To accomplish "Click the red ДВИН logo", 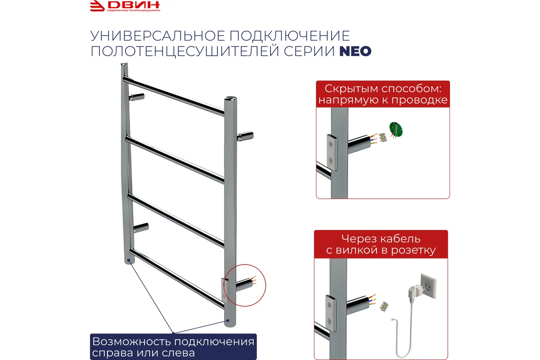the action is click(125, 6).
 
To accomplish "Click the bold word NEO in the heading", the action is click(355, 51).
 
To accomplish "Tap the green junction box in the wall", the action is click(396, 130).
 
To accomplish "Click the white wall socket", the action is click(428, 286).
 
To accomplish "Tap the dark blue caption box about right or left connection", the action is click(173, 346).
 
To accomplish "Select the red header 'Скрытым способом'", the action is click(383, 94).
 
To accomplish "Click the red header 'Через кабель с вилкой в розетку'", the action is click(381, 244).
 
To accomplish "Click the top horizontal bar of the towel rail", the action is click(174, 95).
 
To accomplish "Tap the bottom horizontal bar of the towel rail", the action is click(177, 279).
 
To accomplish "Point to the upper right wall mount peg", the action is click(245, 136).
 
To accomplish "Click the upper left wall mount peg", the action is click(136, 97).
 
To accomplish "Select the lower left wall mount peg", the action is click(141, 227).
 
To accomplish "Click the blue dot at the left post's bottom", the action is click(129, 260).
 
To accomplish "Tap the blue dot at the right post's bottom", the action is click(227, 321).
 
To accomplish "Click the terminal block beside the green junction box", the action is click(382, 137).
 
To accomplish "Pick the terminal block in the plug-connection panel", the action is click(384, 306).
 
